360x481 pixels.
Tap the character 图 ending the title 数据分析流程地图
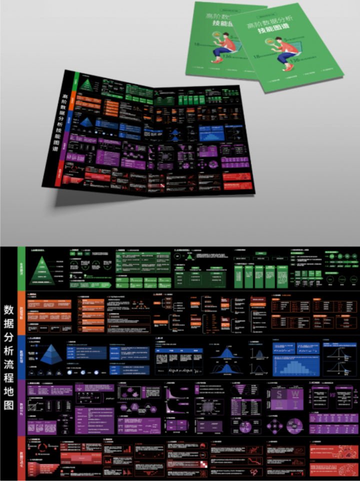pos(8,405)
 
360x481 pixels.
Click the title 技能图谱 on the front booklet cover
pos(273,29)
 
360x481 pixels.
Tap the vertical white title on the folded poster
pos(59,125)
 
